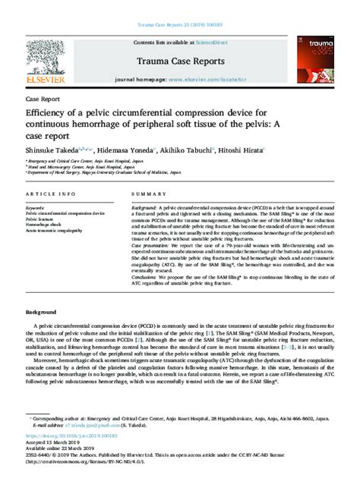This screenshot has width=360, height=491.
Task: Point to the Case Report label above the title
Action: point(43,99)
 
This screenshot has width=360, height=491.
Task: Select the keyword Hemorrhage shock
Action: point(47,225)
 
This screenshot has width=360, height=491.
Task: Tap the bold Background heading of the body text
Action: point(42,312)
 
